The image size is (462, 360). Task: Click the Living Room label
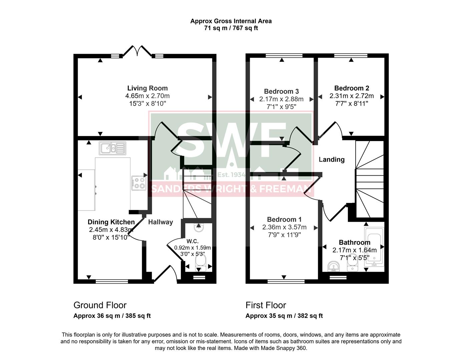click(x=147, y=88)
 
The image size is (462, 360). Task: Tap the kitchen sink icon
click(x=112, y=148)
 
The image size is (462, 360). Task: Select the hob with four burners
click(x=139, y=183)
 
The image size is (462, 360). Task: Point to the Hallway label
click(x=160, y=222)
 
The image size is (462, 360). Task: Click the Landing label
click(x=331, y=159)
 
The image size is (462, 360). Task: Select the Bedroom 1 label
click(x=284, y=219)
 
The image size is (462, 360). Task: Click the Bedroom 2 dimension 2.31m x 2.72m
click(x=352, y=96)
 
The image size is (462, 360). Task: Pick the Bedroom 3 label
click(x=281, y=91)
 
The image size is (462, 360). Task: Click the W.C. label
click(x=192, y=241)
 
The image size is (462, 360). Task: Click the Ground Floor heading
click(x=100, y=305)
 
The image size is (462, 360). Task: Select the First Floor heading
click(x=266, y=305)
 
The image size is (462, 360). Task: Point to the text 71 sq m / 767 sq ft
click(x=231, y=28)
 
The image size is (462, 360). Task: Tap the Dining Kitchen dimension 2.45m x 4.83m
click(x=111, y=230)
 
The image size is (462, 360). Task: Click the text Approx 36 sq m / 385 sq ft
click(x=112, y=316)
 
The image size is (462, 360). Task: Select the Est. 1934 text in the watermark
click(x=231, y=175)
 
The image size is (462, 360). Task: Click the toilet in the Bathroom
click(x=352, y=266)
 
